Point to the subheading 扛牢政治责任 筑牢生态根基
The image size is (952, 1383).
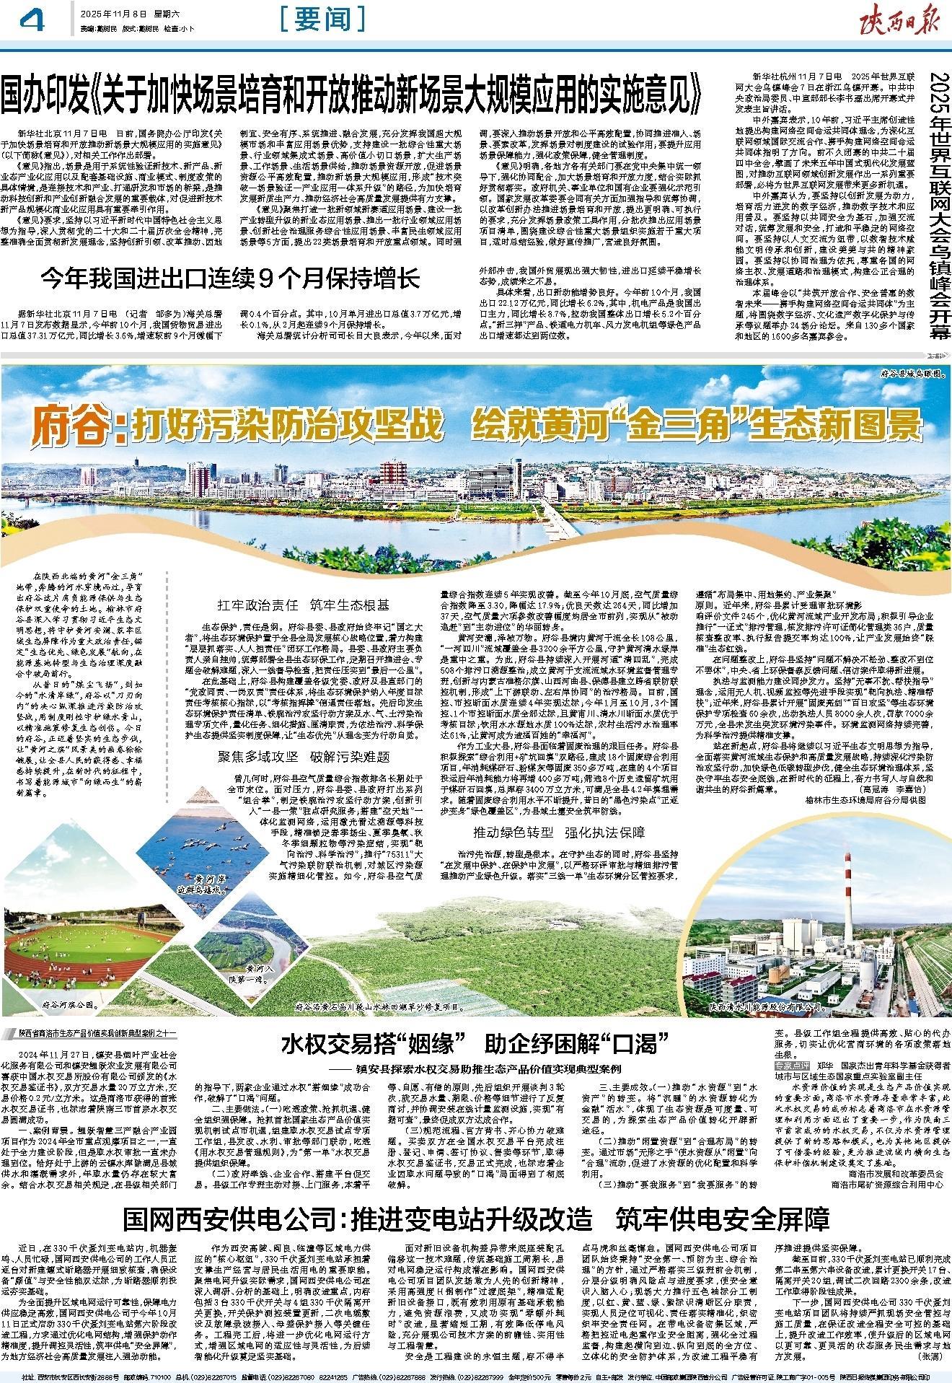(304, 605)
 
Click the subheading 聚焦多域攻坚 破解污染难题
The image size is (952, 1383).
(304, 757)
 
